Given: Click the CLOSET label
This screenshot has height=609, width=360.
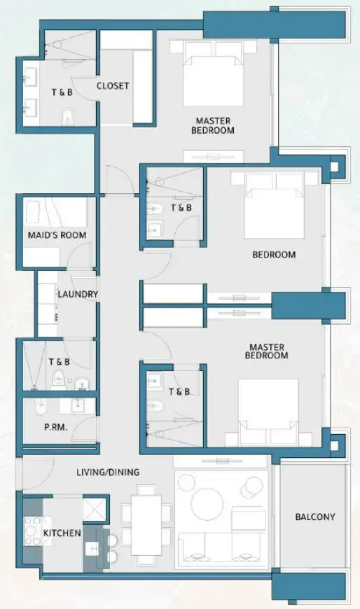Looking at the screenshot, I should pyautogui.click(x=113, y=86).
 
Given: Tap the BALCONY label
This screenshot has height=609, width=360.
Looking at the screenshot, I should pyautogui.click(x=314, y=517).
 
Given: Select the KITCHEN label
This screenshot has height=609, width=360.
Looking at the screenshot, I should pyautogui.click(x=62, y=533).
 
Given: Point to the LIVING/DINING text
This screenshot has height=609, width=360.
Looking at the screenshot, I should pyautogui.click(x=108, y=472).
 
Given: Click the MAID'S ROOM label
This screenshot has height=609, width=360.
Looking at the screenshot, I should pyautogui.click(x=57, y=235).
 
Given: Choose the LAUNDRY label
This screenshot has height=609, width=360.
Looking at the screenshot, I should pyautogui.click(x=78, y=295).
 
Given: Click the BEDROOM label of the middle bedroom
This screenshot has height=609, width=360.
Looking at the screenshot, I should pyautogui.click(x=274, y=255).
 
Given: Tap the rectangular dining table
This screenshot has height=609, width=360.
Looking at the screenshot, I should pyautogui.click(x=145, y=529).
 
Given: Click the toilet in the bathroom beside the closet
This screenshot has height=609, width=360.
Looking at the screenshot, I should pyautogui.click(x=68, y=116).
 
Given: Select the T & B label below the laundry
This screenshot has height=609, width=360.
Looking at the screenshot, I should pyautogui.click(x=59, y=362).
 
